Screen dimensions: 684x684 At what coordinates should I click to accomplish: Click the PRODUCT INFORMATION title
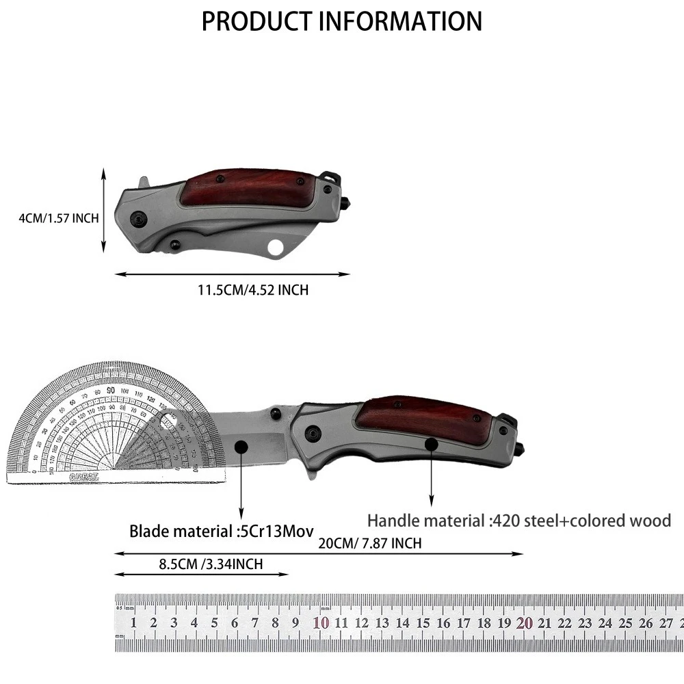(341, 21)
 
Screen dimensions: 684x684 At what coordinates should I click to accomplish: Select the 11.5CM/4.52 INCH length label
(253, 290)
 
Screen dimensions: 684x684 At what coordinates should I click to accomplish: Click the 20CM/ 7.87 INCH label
(369, 544)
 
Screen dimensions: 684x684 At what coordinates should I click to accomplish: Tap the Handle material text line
(519, 521)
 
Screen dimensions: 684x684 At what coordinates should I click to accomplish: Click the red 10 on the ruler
(321, 622)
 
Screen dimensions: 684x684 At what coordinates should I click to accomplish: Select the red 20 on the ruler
(525, 622)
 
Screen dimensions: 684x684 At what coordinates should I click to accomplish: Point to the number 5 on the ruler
(214, 622)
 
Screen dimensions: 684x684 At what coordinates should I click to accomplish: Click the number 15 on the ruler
(423, 622)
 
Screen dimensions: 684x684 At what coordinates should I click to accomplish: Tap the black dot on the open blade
(241, 446)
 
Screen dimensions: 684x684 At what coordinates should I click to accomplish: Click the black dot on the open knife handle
(431, 445)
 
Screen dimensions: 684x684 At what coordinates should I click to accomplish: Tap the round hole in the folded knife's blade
(277, 247)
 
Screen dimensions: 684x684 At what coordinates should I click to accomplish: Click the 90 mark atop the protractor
(110, 390)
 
